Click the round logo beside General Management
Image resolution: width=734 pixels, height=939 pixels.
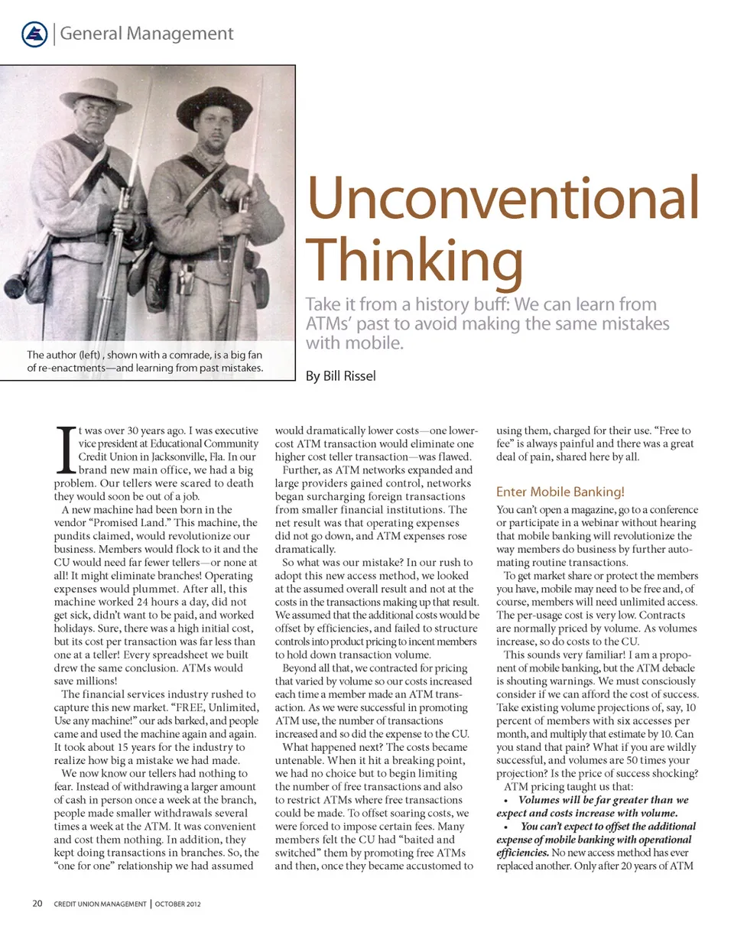tap(34, 33)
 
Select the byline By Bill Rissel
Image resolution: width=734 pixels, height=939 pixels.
tap(340, 376)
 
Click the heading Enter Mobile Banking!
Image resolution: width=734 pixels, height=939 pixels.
tap(560, 492)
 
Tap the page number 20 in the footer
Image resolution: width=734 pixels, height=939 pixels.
tap(37, 903)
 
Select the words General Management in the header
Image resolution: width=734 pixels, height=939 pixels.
tap(146, 34)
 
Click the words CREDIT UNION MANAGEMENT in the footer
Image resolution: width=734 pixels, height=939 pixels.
tap(100, 904)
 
